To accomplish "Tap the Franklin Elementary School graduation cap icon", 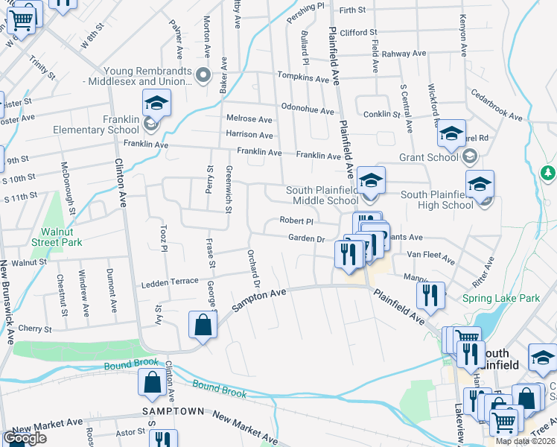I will pos(157,103).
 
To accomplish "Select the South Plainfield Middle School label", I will pos(322,195).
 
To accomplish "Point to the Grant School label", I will pos(428,157).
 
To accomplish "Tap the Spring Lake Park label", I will pos(500,298).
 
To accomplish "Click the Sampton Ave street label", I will pos(259,300).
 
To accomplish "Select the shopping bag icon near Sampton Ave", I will pos(203,325).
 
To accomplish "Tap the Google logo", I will pos(25,438).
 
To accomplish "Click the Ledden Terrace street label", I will pos(171,282).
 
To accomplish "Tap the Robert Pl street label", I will pos(296,221).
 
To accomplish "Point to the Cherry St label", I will pos(35,329).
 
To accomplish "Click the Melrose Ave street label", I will pos(249,118).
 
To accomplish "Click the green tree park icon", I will pos(549,173).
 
